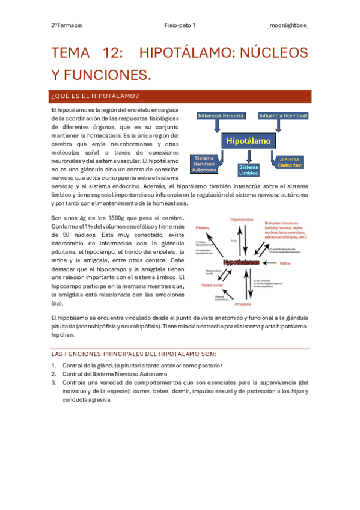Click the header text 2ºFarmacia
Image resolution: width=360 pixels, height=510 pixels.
(x=66, y=26)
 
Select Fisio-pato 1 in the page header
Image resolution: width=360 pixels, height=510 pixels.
(x=180, y=26)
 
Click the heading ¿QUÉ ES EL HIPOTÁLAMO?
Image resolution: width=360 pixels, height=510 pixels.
(x=96, y=96)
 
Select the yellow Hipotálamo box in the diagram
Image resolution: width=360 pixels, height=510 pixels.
(x=249, y=141)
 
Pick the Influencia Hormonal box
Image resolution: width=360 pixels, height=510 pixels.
(x=282, y=115)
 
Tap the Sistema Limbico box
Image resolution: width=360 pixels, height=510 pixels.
(x=248, y=170)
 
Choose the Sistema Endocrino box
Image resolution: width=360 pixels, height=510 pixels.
(x=290, y=161)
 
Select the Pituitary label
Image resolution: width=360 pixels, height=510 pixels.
(x=203, y=229)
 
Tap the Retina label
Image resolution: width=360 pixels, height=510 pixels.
(x=302, y=263)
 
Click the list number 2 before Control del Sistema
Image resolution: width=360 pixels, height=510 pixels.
(x=53, y=373)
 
